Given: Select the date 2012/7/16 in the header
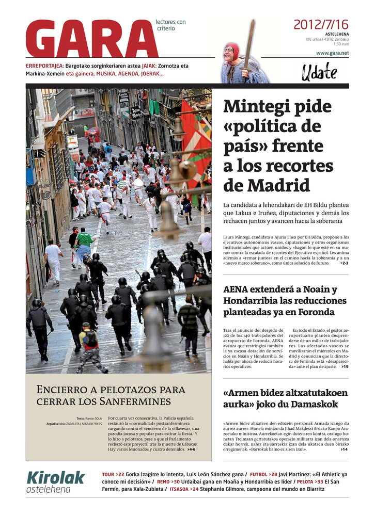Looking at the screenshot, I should coord(321,24).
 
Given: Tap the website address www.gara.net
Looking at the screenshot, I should coord(332,53).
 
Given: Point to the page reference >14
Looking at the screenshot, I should coord(344,449).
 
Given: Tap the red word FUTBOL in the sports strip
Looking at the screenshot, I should coord(258,474).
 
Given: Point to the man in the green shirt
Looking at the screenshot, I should coord(84,242).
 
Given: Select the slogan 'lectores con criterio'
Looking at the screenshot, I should coord(170,25).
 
